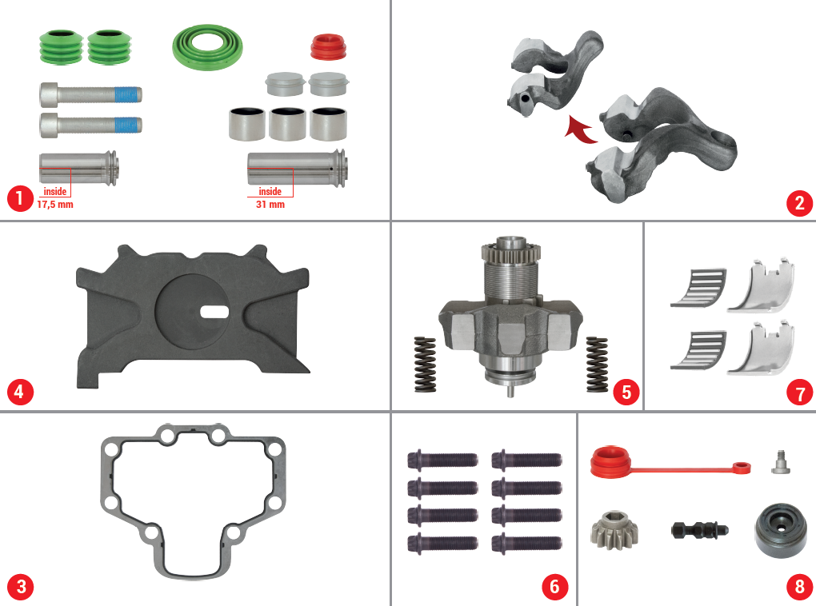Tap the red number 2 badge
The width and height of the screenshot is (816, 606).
point(798,203)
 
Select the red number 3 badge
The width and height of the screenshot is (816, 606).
point(20,587)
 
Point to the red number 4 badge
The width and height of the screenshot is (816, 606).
point(20,393)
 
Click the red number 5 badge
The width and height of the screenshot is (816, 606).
point(626,392)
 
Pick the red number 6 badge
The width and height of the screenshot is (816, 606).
point(554,587)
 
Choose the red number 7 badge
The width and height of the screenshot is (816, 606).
point(798,393)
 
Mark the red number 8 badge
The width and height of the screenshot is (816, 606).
point(798,587)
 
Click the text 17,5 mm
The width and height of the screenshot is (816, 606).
point(55,205)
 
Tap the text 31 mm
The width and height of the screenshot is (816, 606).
point(270,205)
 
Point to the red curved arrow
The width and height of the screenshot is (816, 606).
point(580,129)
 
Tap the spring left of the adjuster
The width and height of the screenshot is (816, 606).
point(424,365)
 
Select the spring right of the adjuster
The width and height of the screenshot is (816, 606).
point(597,365)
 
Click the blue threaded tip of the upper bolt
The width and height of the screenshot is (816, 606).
point(128,95)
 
